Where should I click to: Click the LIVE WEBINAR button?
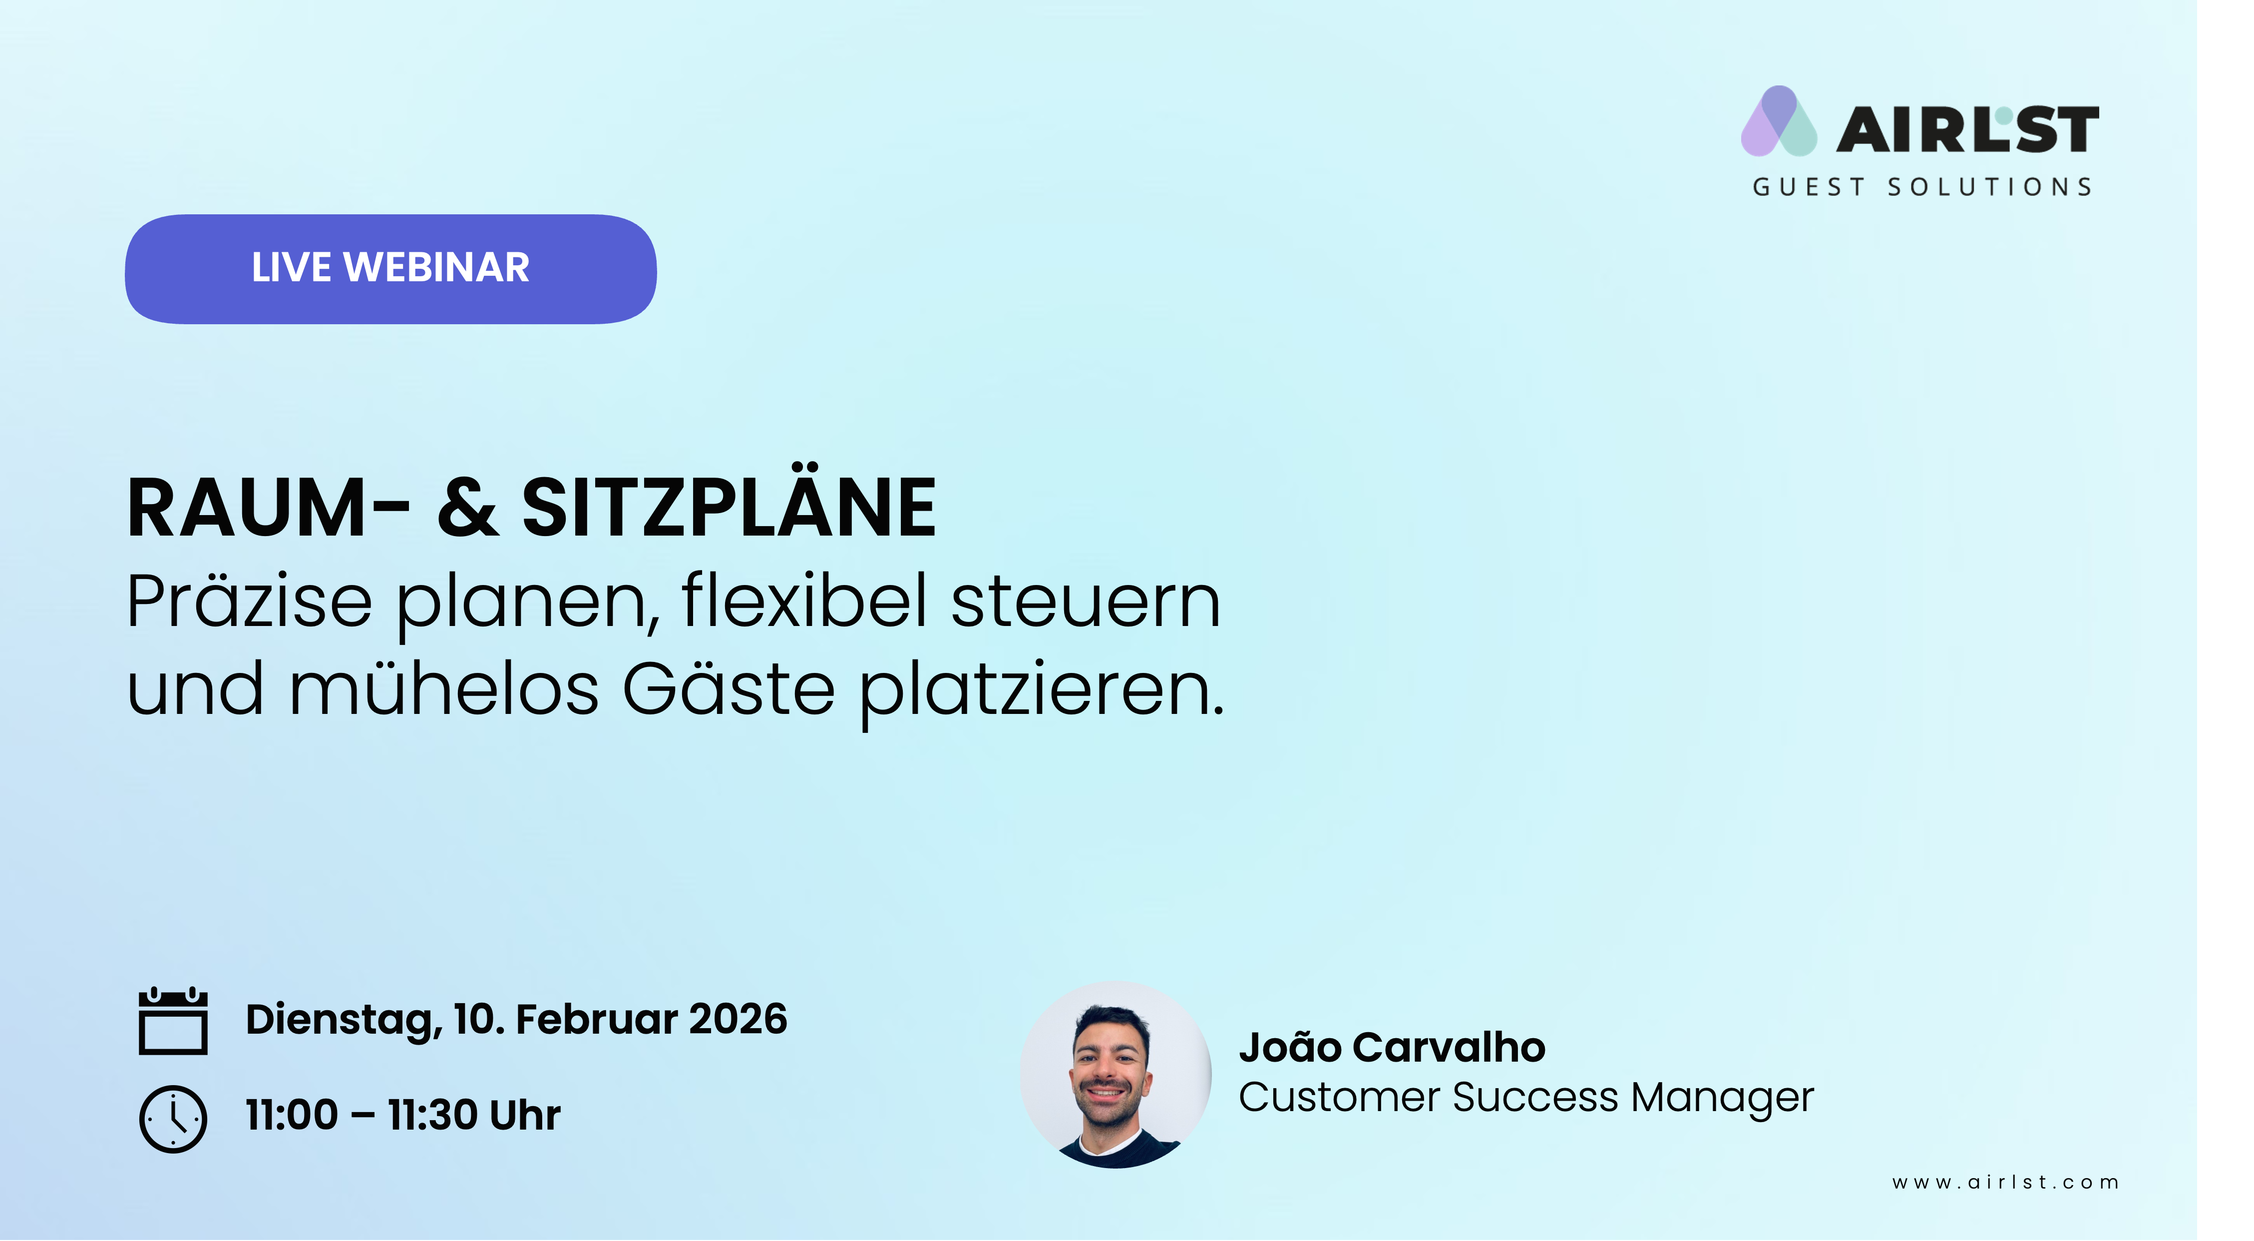(x=390, y=269)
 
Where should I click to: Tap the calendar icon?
(x=173, y=1021)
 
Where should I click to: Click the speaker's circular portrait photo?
(x=1116, y=1075)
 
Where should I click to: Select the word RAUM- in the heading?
(x=268, y=508)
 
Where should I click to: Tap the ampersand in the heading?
(x=468, y=508)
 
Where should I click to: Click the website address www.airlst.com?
(x=2005, y=1183)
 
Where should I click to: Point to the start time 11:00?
(x=292, y=1115)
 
